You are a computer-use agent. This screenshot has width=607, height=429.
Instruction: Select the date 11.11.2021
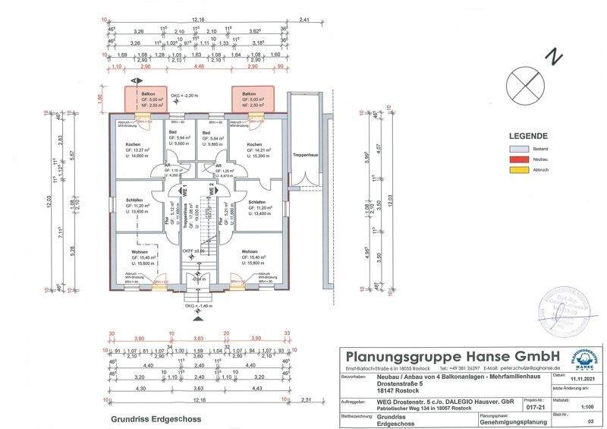point(580,385)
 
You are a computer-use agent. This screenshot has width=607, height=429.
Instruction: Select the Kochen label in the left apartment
point(134,144)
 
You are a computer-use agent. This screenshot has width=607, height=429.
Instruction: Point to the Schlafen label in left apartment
point(134,200)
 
